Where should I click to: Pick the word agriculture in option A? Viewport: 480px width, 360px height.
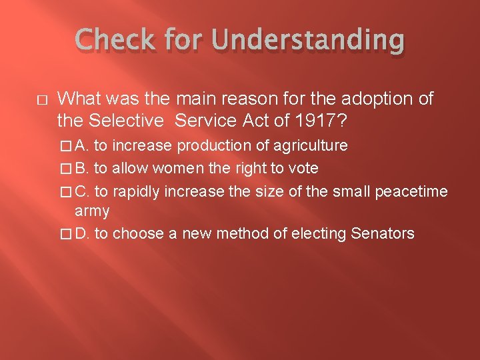311,145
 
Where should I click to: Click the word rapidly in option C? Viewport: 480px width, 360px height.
137,191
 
